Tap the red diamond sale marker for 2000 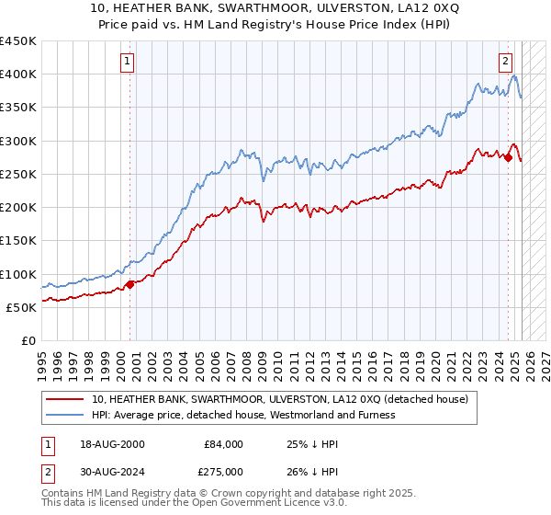pyautogui.click(x=129, y=284)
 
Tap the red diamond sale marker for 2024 pyautogui.click(x=508, y=157)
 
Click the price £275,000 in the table pyautogui.click(x=222, y=470)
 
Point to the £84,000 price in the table pyautogui.click(x=222, y=444)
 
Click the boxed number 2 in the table pyautogui.click(x=48, y=470)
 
